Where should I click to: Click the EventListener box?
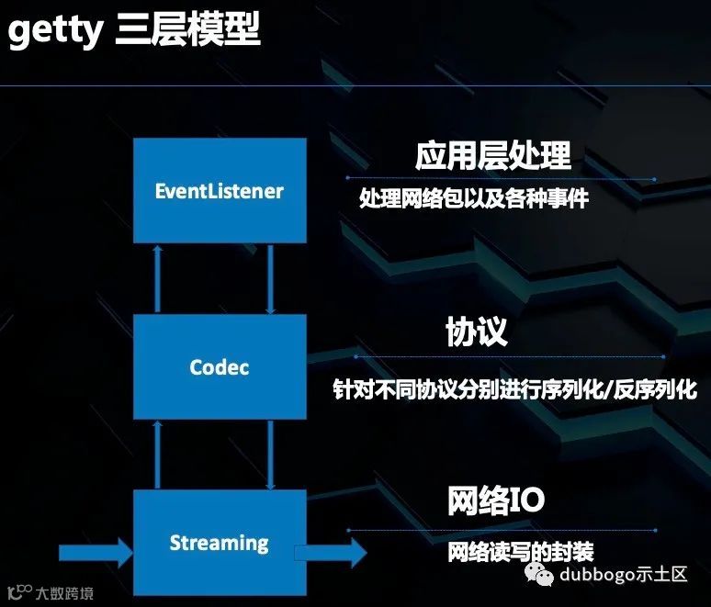pos(219,191)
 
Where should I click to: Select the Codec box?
pos(219,367)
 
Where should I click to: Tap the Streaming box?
pos(219,543)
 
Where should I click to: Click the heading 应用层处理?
pos(493,156)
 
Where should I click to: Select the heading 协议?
pos(476,332)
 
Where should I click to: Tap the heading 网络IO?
pos(496,501)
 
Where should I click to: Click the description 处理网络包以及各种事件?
pos(473,198)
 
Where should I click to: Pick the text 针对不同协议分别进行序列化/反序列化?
pos(514,388)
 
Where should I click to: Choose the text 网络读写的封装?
pos(521,552)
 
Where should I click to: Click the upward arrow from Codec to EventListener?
pos(158,278)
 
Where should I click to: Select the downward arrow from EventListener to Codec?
pos(270,278)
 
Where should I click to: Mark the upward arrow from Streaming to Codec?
pos(158,455)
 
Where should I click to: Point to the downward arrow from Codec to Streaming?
pos(270,455)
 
